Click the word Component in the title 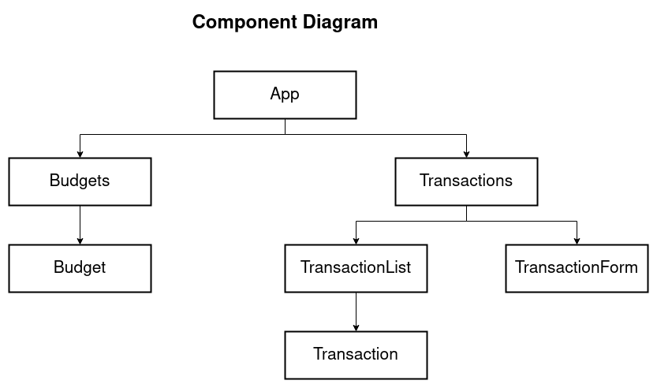245,22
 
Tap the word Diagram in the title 341,22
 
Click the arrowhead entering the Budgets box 80,154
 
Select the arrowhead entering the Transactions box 466,154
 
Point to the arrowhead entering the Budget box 80,241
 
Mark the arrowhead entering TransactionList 356,241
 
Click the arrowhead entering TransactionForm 577,241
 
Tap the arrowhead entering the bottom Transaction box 356,327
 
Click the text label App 285,94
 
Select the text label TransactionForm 577,267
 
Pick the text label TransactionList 356,267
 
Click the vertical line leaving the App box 285,126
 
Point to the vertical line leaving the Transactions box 466,213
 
